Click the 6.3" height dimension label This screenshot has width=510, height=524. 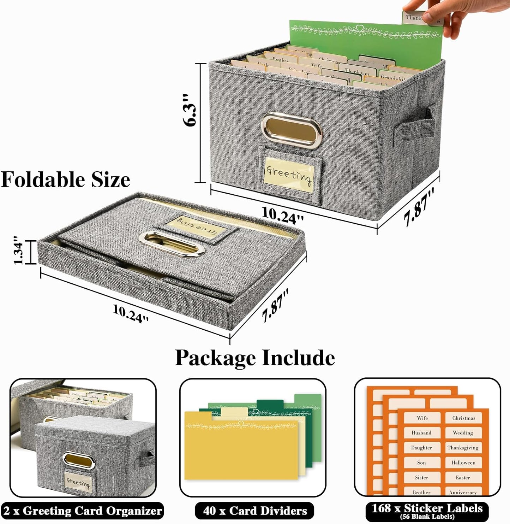click(190, 110)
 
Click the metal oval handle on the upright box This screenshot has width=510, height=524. click(292, 129)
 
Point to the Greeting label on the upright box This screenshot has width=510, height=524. click(289, 174)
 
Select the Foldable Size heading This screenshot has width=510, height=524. click(66, 179)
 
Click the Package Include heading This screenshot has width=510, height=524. click(255, 358)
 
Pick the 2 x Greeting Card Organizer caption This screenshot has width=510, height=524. click(83, 511)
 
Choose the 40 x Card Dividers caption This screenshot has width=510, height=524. click(254, 511)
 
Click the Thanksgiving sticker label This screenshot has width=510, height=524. click(463, 448)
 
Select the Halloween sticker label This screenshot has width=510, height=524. click(463, 463)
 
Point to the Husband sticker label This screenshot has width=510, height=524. click(421, 433)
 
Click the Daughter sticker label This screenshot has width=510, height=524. click(421, 448)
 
